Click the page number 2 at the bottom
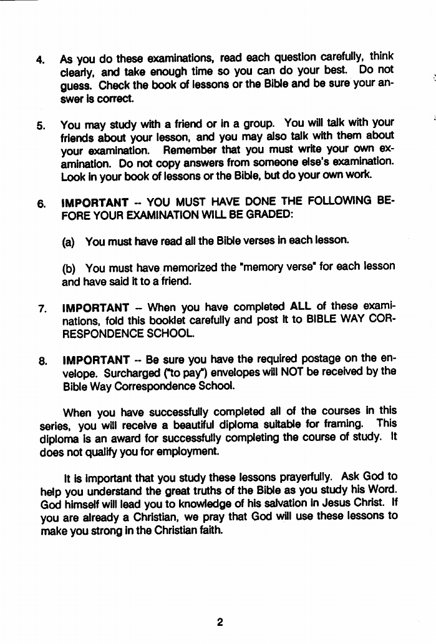pyautogui.click(x=219, y=622)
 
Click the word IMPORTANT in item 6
pyautogui.click(x=95, y=202)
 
